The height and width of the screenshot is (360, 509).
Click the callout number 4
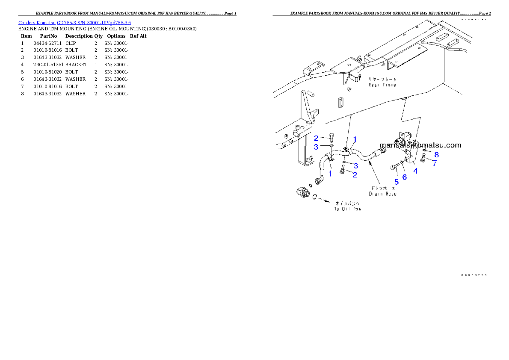[x=415, y=171]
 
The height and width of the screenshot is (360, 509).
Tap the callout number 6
[x=405, y=177]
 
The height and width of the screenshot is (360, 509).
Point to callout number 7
[x=435, y=163]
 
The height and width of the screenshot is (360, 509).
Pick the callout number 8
[x=437, y=154]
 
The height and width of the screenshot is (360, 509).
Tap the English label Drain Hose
[x=383, y=194]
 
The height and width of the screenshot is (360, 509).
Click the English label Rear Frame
[x=382, y=85]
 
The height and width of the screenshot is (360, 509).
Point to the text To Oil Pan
[x=347, y=209]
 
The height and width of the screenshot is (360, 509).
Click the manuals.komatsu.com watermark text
[x=420, y=145]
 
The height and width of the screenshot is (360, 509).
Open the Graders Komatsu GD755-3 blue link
[x=74, y=22]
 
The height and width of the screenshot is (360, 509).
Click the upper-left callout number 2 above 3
[x=316, y=138]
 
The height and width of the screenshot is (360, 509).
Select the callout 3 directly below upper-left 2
[x=316, y=147]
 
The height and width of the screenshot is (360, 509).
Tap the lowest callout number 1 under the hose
[x=330, y=174]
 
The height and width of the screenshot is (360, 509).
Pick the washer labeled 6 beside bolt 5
[x=402, y=162]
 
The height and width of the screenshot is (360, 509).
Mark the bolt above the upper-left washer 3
[x=331, y=138]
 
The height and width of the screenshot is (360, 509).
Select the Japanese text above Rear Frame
[x=382, y=79]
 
